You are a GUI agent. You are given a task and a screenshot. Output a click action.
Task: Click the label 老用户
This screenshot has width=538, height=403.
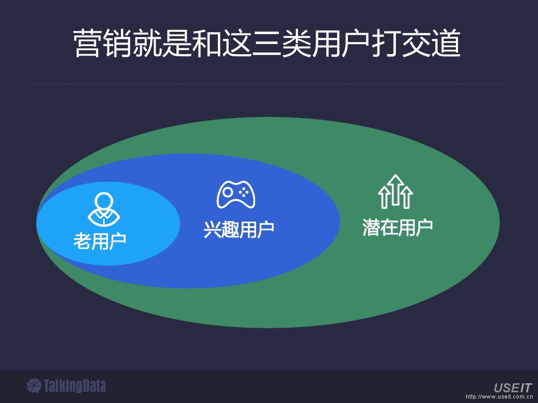100,241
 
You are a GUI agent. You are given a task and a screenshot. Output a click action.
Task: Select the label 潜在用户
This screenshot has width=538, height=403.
397,227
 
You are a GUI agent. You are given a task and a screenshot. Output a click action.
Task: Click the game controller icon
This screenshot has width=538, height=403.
236,194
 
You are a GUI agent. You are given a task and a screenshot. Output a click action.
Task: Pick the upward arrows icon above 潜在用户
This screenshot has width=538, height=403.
395,192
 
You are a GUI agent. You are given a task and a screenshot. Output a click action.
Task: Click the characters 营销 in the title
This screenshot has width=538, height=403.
103,44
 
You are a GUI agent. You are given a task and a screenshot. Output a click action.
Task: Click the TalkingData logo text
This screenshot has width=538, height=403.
74,386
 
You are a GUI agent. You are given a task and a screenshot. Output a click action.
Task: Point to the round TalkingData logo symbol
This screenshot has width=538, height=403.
34,386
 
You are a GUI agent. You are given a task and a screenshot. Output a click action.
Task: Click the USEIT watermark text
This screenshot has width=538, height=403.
512,388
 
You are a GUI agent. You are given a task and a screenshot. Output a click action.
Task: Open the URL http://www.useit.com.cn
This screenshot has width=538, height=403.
499,397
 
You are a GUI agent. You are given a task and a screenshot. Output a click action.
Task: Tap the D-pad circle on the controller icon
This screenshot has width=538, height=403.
228,192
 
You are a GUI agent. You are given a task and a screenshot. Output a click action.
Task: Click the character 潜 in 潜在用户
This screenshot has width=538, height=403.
371,227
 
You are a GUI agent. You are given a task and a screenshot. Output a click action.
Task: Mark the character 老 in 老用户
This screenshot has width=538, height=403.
82,241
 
